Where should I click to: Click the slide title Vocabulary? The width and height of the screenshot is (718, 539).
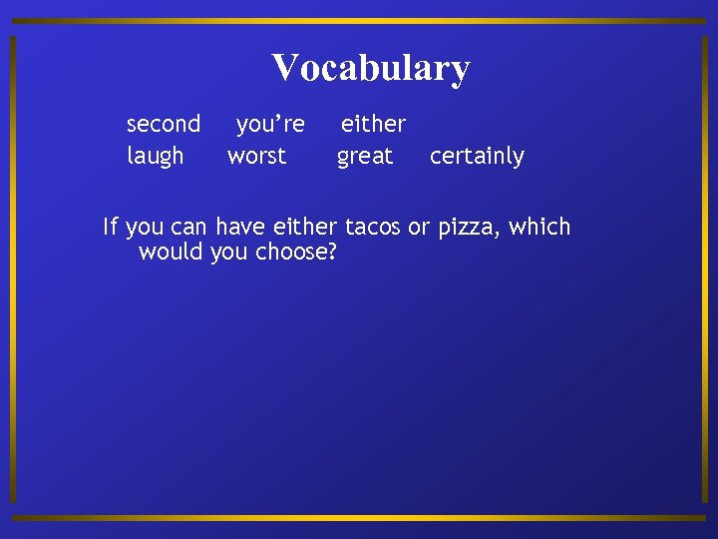pyautogui.click(x=370, y=68)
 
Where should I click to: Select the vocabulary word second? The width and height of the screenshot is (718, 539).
pyautogui.click(x=164, y=125)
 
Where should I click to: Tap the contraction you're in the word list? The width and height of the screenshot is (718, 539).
pyautogui.click(x=270, y=125)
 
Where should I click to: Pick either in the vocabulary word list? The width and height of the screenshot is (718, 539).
pyautogui.click(x=373, y=125)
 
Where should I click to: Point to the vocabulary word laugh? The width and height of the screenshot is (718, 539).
pyautogui.click(x=156, y=157)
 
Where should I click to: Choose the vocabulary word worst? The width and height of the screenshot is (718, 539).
pyautogui.click(x=256, y=157)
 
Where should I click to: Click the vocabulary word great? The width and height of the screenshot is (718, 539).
pyautogui.click(x=365, y=157)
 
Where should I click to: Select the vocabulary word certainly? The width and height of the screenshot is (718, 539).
pyautogui.click(x=477, y=157)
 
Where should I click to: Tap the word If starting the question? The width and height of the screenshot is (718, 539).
pyautogui.click(x=110, y=227)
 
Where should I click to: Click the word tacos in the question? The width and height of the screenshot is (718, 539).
pyautogui.click(x=372, y=227)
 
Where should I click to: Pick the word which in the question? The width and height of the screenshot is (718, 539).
pyautogui.click(x=539, y=227)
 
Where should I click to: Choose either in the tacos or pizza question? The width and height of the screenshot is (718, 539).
pyautogui.click(x=305, y=227)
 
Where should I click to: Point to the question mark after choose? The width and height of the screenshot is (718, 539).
pyautogui.click(x=332, y=252)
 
